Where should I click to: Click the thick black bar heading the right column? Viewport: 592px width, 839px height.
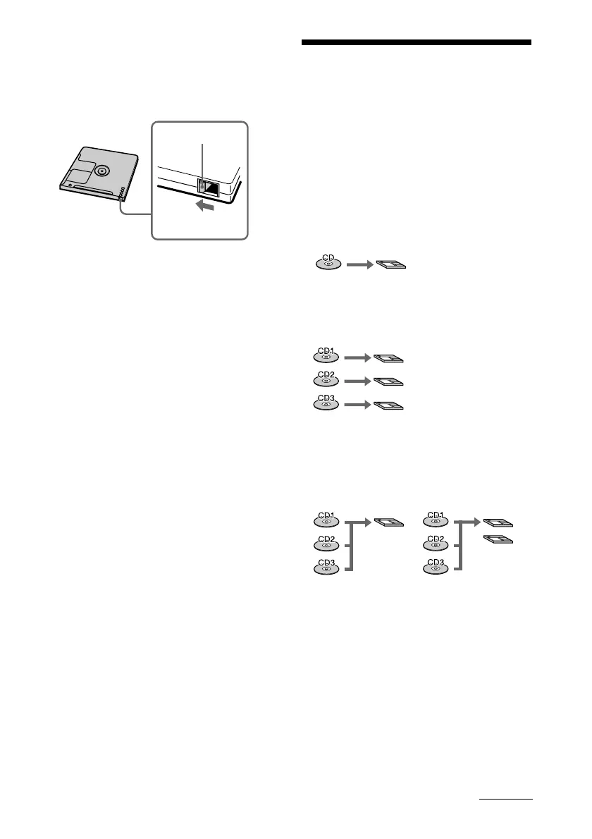417,42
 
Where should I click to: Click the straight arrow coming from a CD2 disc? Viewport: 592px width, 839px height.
356,381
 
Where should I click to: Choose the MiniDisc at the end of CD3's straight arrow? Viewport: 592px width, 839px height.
388,406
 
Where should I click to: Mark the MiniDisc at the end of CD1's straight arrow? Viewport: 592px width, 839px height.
388,357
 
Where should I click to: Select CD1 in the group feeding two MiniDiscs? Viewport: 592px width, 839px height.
435,520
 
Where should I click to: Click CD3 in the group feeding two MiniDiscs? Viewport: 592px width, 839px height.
435,568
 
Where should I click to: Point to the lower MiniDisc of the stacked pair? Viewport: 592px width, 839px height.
498,540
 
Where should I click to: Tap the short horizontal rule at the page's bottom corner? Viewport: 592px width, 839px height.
506,800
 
